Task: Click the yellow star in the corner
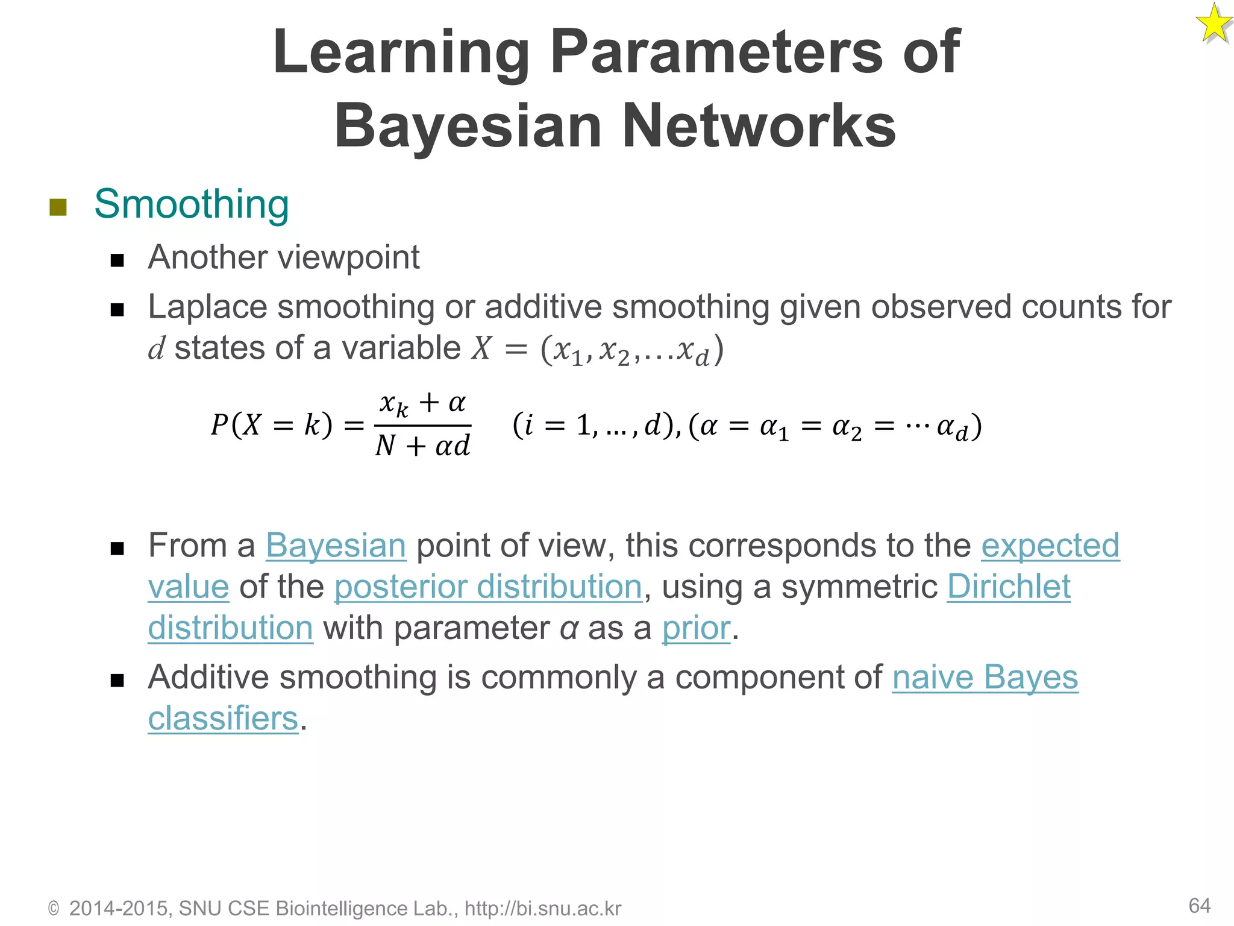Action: pos(1213,24)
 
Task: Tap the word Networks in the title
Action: pos(758,126)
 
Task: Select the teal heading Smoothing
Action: pos(192,204)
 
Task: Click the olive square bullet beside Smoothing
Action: pos(58,207)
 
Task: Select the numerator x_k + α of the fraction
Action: pos(423,403)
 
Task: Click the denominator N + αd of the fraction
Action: pos(422,446)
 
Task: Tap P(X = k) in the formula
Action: pos(271,425)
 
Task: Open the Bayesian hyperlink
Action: pos(336,546)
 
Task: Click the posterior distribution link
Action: pos(488,587)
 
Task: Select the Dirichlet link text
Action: pos(1009,587)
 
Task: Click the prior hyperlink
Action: pos(696,628)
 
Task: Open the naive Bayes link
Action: pos(985,677)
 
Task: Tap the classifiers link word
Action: pos(224,719)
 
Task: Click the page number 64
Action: pos(1199,906)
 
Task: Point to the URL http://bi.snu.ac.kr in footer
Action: pos(542,909)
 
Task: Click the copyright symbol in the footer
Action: pos(54,909)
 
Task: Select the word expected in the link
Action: pos(1050,546)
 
